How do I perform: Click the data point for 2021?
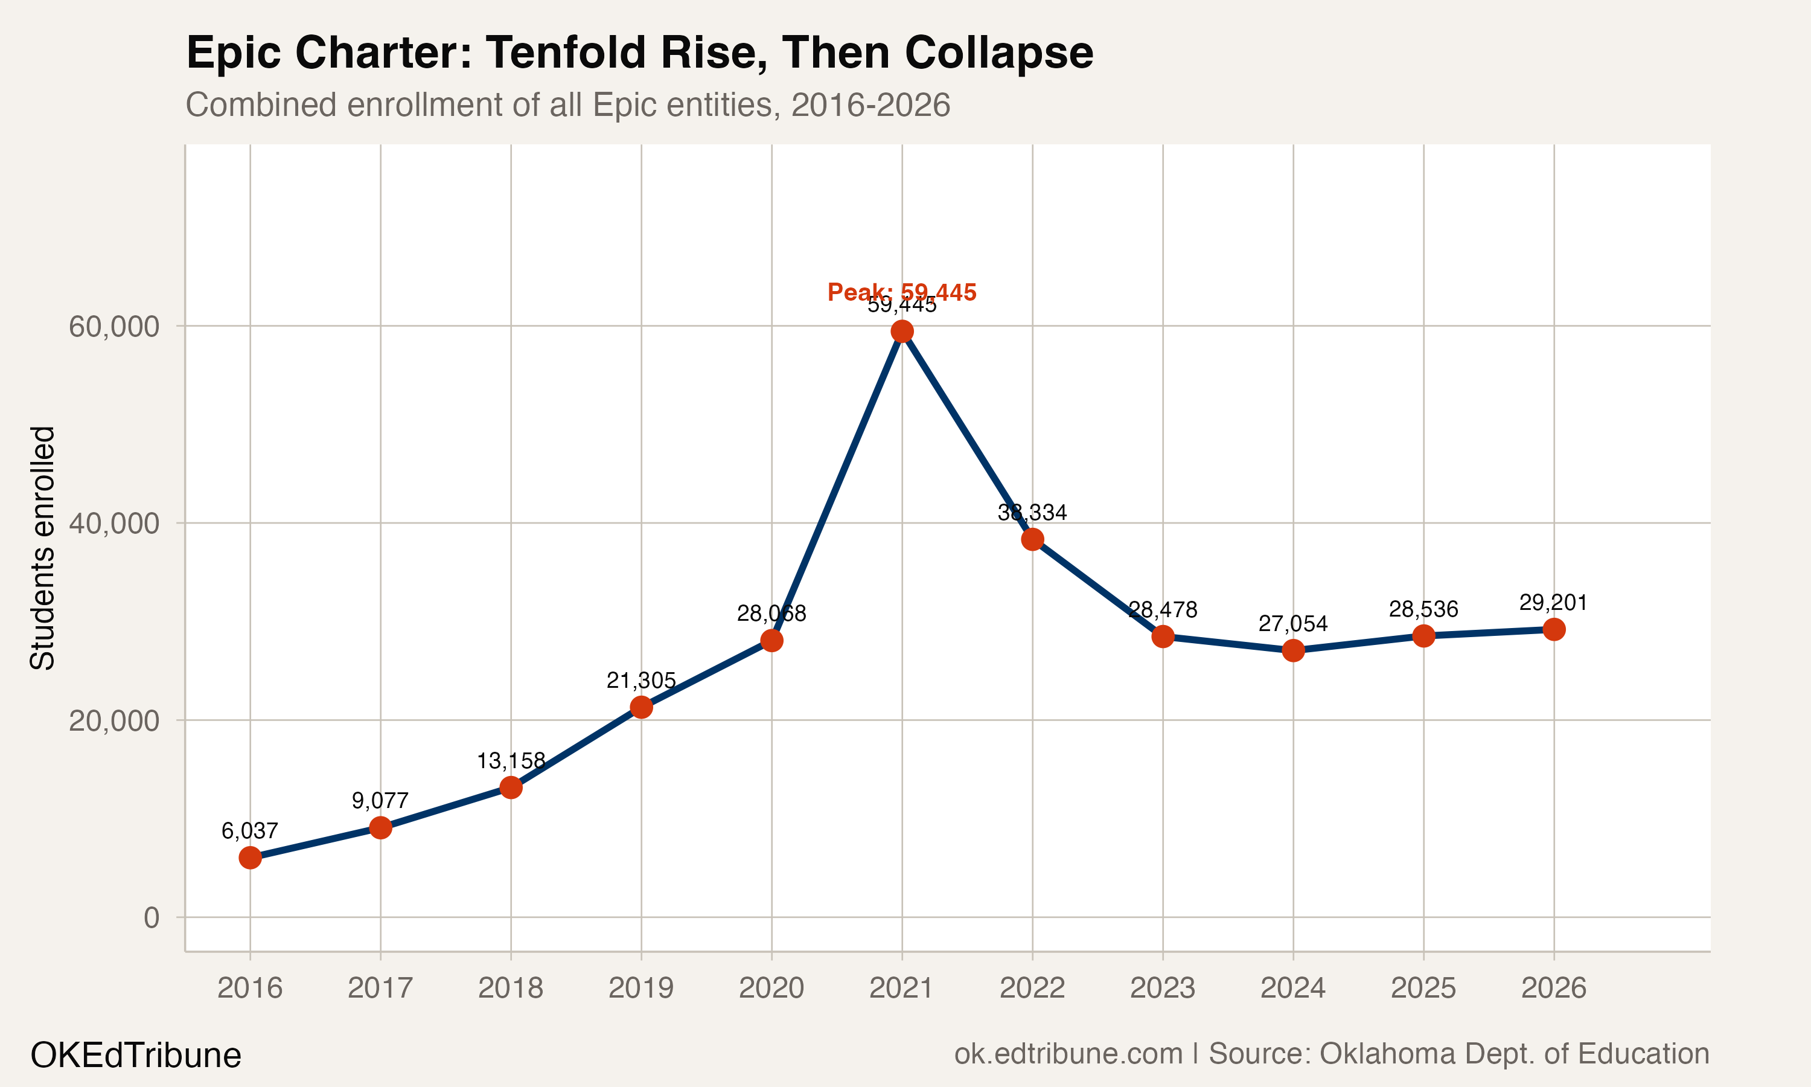pyautogui.click(x=902, y=332)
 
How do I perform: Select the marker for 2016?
pyautogui.click(x=250, y=857)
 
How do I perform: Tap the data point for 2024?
pyautogui.click(x=1292, y=650)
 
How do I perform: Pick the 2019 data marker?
pyautogui.click(x=641, y=707)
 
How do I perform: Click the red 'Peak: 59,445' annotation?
pyautogui.click(x=902, y=292)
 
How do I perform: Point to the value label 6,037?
pyautogui.click(x=250, y=830)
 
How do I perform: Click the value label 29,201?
pyautogui.click(x=1553, y=603)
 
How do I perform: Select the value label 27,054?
pyautogui.click(x=1292, y=624)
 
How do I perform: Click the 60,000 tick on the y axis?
pyautogui.click(x=113, y=327)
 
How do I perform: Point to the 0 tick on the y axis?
pyautogui.click(x=151, y=917)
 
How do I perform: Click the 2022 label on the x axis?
pyautogui.click(x=1032, y=988)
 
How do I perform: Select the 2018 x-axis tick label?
pyautogui.click(x=510, y=988)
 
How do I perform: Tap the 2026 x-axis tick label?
pyautogui.click(x=1553, y=988)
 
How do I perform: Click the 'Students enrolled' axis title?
pyautogui.click(x=42, y=547)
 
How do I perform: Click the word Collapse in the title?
pyautogui.click(x=998, y=53)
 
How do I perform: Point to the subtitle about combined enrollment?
pyautogui.click(x=567, y=104)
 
